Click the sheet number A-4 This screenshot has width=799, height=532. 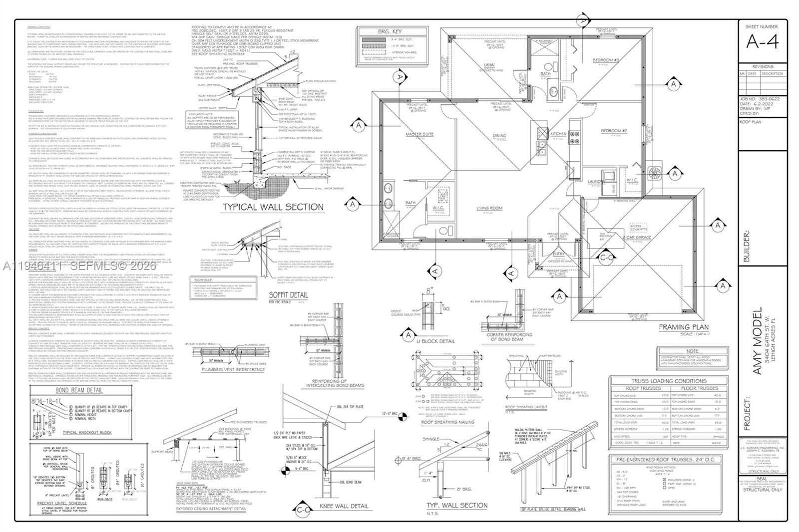(762, 42)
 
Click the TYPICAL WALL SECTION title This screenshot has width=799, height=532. (273, 207)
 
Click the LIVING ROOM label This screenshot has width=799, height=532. (489, 208)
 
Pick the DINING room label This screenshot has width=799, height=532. (499, 135)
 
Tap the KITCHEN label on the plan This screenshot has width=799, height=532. (558, 134)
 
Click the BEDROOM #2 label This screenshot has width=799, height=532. (614, 131)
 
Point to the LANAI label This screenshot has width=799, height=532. (489, 65)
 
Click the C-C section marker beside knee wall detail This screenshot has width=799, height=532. (303, 510)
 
